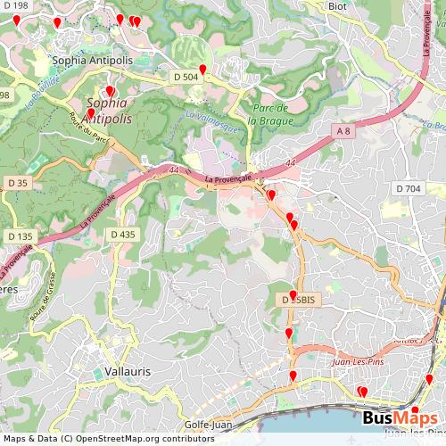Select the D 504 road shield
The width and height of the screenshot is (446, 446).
click(186, 77)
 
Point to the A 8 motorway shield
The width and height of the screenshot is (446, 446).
click(344, 131)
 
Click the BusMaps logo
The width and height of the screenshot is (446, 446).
click(401, 418)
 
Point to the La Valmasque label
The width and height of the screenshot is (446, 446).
click(212, 120)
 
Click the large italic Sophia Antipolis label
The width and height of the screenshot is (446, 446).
click(108, 111)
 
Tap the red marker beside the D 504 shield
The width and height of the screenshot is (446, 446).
click(202, 69)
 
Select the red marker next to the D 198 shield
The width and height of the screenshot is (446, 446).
click(16, 19)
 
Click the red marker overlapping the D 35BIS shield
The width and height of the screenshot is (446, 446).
click(293, 294)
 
